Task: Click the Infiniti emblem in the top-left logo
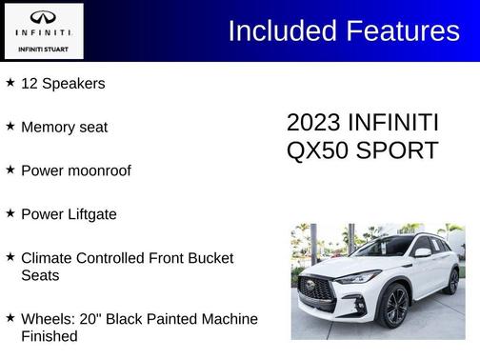pyautogui.click(x=44, y=17)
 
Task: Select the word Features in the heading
pyautogui.click(x=401, y=30)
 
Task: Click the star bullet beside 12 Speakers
pyautogui.click(x=10, y=83)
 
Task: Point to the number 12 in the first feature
pyautogui.click(x=30, y=84)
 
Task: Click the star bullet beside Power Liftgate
pyautogui.click(x=10, y=213)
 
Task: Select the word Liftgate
pyautogui.click(x=90, y=214)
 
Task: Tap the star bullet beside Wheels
pyautogui.click(x=10, y=317)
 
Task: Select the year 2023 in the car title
pyautogui.click(x=313, y=123)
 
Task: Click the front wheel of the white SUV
pyautogui.click(x=393, y=306)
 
